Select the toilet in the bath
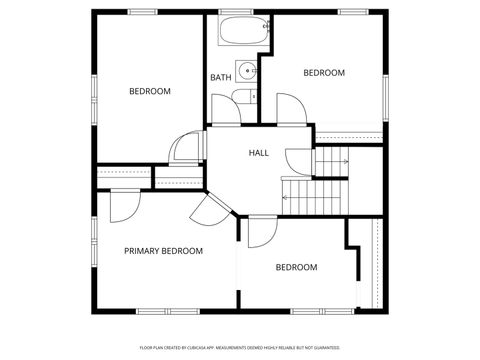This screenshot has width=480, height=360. coord(241,97)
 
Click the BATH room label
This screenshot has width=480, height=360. coord(220,78)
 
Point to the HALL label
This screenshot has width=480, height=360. coord(259,153)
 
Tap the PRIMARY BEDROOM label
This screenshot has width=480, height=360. coord(163,251)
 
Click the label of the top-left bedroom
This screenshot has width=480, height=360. coord(150,92)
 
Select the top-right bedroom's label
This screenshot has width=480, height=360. coord(324,73)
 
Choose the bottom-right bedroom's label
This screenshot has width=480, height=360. coord(296,267)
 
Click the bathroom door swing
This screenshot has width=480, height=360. coord(226,111)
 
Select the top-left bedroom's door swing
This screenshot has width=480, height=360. coord(185,148)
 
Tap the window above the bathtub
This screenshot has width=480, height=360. coord(236,12)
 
